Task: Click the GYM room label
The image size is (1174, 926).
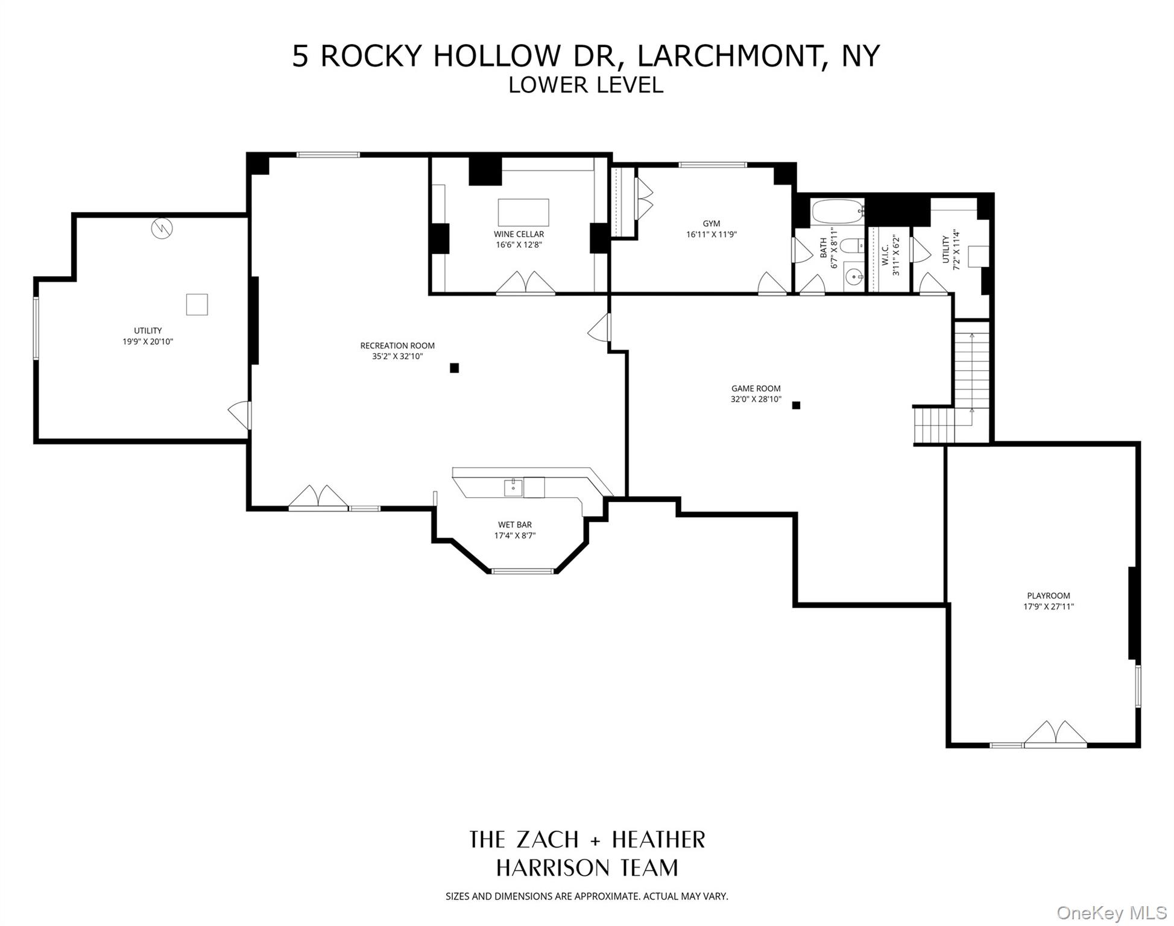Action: (711, 224)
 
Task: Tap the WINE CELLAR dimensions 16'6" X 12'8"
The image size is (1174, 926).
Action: (519, 245)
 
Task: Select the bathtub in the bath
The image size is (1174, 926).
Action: (838, 212)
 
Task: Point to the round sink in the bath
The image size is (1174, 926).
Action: (854, 278)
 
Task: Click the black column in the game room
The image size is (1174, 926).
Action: (796, 405)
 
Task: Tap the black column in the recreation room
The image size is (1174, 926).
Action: (454, 368)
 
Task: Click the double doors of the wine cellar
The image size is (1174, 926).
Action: (525, 283)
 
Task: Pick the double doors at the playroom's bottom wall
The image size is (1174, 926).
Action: (1055, 733)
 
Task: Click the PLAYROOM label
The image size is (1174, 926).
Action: (1048, 596)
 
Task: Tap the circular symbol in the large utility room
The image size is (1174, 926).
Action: (162, 228)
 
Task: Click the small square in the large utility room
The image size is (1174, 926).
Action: (197, 304)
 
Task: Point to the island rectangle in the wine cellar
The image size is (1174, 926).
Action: (523, 212)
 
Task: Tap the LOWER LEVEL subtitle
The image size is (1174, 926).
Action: (585, 85)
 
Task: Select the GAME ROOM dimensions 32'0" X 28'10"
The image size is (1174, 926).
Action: (756, 399)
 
